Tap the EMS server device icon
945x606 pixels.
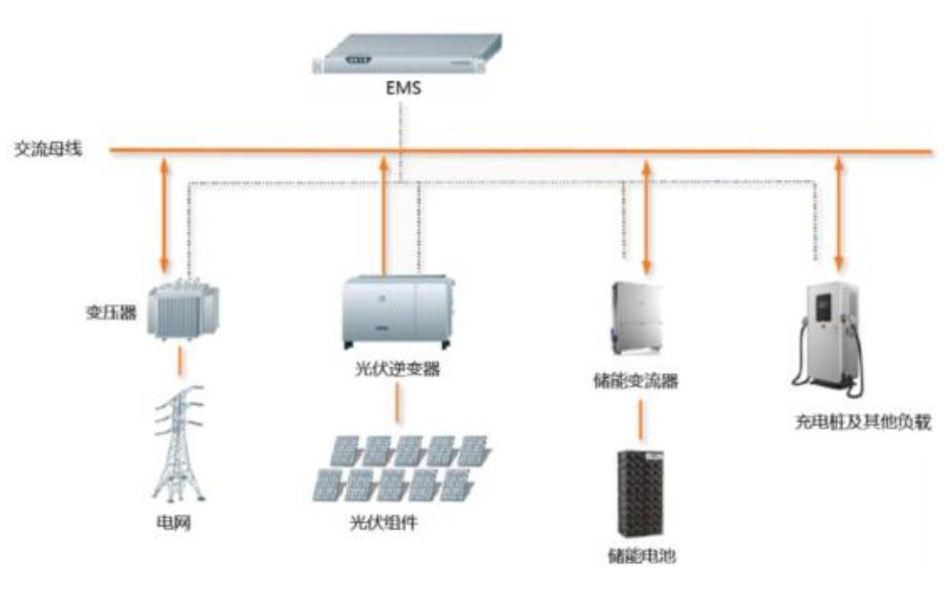[407, 54]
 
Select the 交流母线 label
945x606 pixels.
[47, 149]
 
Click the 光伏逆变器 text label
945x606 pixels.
[397, 369]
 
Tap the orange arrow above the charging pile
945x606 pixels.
[840, 213]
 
